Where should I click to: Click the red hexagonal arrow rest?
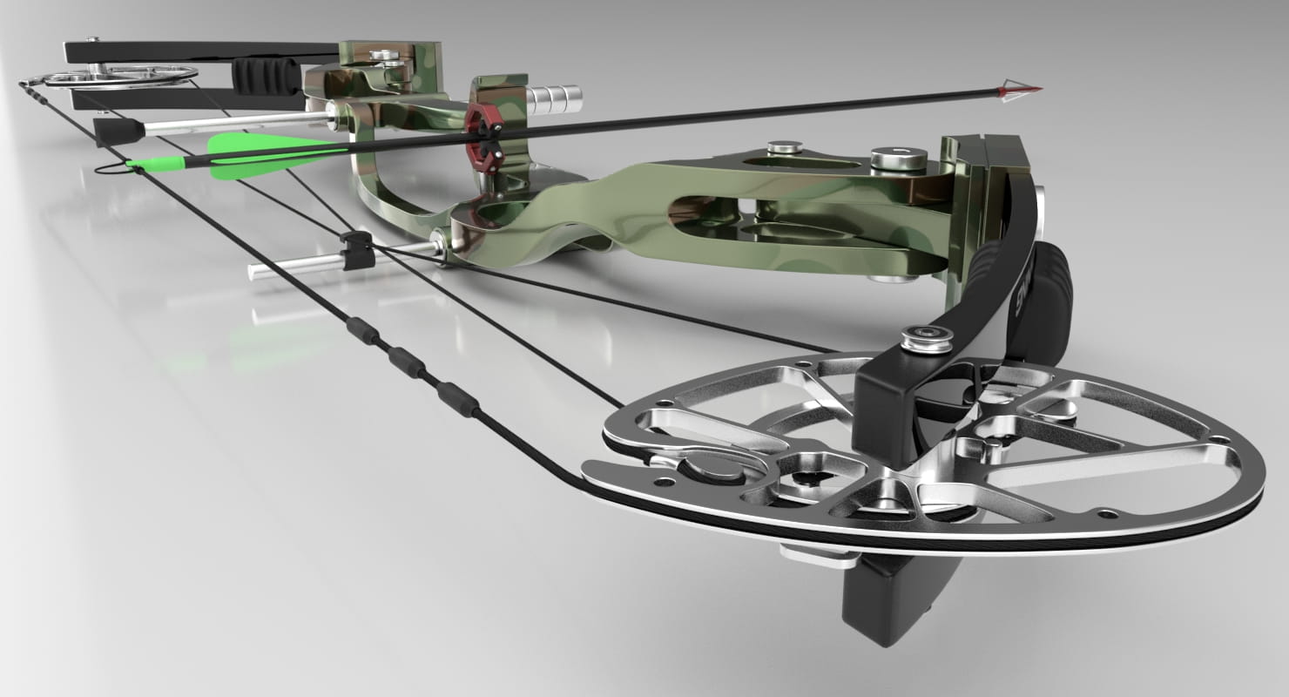point(480,135)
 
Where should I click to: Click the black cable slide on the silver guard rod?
point(358,250)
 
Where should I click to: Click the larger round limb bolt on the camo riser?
point(896,159)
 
